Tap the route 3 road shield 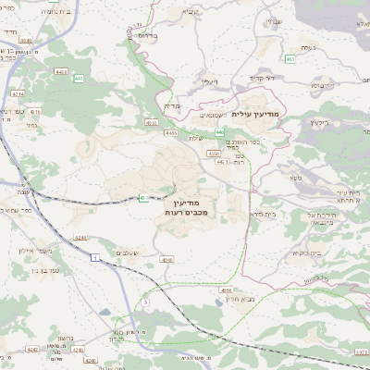tap(145, 302)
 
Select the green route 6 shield tap(143, 197)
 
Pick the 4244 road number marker tap(81, 239)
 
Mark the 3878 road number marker tap(361, 351)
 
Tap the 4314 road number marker tap(19, 93)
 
